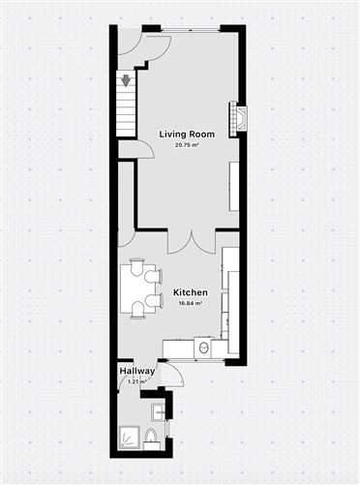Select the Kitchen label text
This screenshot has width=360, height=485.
click(190, 292)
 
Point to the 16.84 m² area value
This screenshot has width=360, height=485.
click(190, 303)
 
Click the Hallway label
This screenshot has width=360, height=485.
click(136, 371)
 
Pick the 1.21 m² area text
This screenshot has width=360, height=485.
click(136, 381)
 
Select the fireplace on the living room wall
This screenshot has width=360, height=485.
click(237, 117)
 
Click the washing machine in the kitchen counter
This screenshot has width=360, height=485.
click(202, 347)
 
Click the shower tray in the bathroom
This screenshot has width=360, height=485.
click(129, 440)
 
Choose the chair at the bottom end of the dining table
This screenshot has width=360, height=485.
click(137, 313)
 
